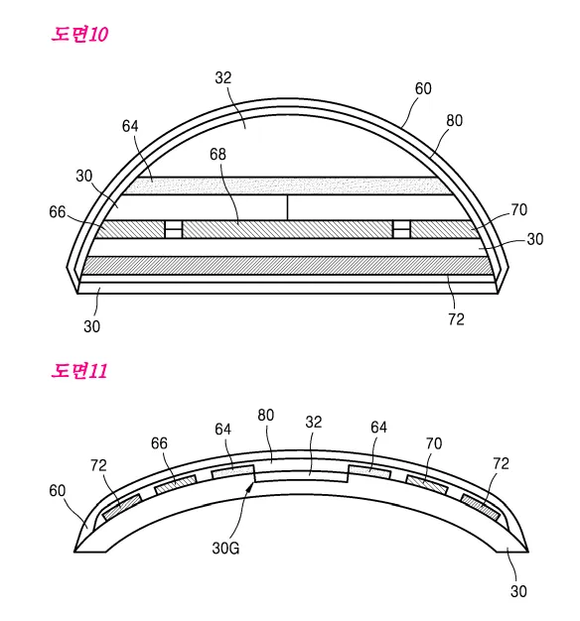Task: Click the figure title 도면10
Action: [x=79, y=35]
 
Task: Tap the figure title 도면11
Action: [x=79, y=371]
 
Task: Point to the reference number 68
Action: [x=217, y=154]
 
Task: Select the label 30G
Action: [x=225, y=549]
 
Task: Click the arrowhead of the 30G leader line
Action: [x=250, y=485]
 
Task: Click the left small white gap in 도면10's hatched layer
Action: [x=173, y=229]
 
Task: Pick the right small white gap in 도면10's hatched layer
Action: [x=401, y=229]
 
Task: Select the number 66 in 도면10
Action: [x=57, y=212]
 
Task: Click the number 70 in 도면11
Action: [x=434, y=443]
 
